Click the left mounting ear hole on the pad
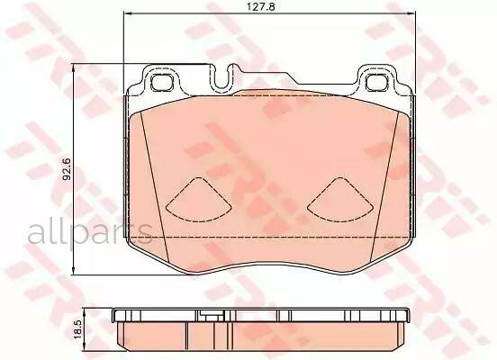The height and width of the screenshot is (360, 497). (163, 84)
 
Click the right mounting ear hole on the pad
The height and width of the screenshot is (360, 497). (375, 84)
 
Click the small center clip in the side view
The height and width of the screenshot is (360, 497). (209, 316)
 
